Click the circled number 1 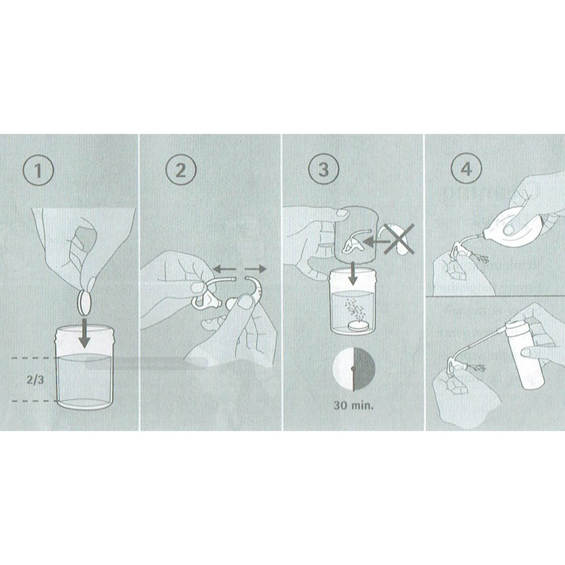[x=38, y=170]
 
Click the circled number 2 [x=181, y=169]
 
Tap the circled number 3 [x=324, y=169]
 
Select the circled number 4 [x=466, y=168]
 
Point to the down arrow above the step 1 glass [x=85, y=332]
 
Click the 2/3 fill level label [x=35, y=380]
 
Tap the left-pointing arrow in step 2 [x=224, y=268]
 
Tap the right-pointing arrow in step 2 [x=255, y=269]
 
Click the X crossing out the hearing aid [x=399, y=240]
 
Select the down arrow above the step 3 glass [x=353, y=273]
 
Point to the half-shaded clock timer [x=353, y=368]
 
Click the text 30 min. [x=353, y=405]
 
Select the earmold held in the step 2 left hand [x=206, y=301]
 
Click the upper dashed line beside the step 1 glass [x=35, y=358]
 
